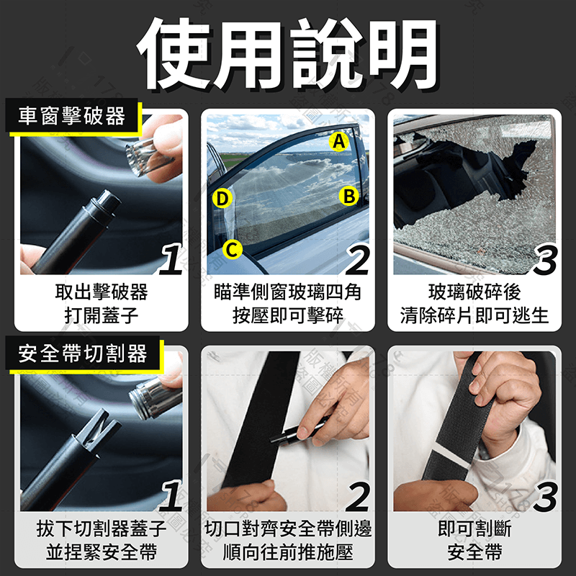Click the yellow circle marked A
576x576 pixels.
click(x=338, y=143)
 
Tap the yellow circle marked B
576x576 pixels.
click(x=349, y=196)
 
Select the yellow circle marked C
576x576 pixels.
click(x=230, y=249)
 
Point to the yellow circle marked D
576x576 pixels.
click(x=222, y=198)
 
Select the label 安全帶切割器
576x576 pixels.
click(x=83, y=354)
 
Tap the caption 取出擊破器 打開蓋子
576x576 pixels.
click(x=101, y=303)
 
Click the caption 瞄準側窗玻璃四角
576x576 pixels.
click(x=288, y=292)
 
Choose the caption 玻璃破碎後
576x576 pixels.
click(x=474, y=292)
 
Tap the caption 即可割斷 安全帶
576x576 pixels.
click(x=474, y=540)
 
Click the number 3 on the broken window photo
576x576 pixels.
click(x=545, y=261)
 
